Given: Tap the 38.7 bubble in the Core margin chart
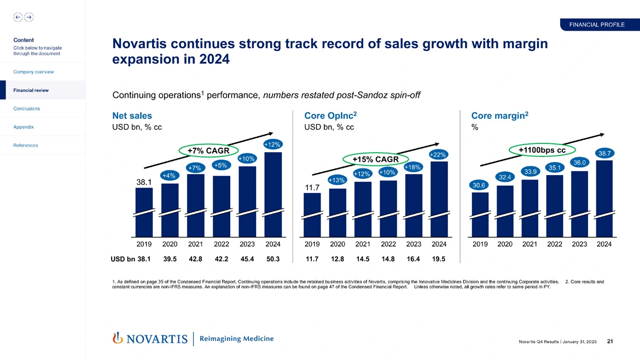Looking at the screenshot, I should coord(604,153).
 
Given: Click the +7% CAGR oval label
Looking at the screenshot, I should coord(204,150).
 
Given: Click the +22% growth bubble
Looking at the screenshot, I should coord(439,155).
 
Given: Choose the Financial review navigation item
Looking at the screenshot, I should coord(26,90).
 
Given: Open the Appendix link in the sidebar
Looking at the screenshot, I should coord(24,127).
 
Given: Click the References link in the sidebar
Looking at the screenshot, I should coord(25,146).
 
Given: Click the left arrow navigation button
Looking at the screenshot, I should coord(18,17).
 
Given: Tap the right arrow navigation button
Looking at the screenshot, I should coord(28,17).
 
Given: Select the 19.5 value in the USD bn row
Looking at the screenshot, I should coord(439,259).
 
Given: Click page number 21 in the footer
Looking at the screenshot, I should coord(610,342).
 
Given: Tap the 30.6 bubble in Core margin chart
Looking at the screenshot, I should coord(479,185).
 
